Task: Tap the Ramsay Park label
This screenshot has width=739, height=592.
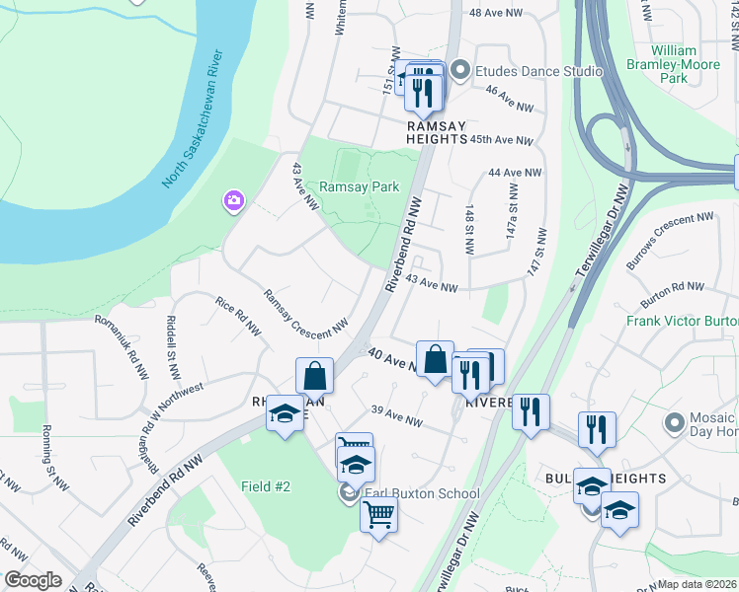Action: [359, 186]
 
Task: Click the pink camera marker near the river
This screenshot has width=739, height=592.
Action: [234, 201]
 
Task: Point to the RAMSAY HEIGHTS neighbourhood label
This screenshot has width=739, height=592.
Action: [436, 132]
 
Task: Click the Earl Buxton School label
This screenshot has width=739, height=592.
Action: [420, 494]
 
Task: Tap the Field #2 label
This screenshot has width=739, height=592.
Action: [266, 486]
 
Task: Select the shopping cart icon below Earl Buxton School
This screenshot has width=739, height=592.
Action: [379, 514]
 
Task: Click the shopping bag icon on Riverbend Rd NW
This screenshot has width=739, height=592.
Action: [314, 375]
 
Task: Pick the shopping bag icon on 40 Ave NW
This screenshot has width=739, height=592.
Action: [435, 359]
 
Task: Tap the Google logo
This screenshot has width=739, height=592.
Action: [33, 581]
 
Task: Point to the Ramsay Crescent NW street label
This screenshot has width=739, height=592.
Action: [305, 311]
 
